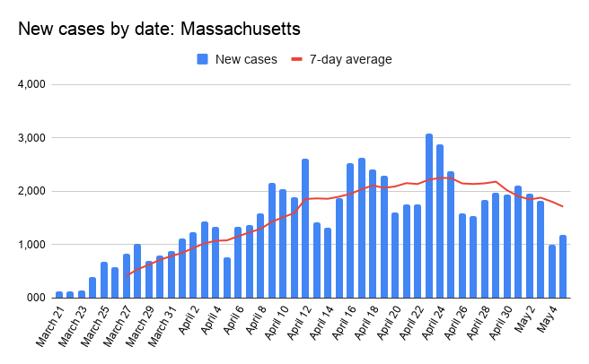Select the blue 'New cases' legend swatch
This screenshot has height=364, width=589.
[x=203, y=59]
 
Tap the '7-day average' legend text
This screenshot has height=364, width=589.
[x=351, y=59]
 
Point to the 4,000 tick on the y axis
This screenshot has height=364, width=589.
[x=32, y=85]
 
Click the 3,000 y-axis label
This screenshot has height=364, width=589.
[x=32, y=138]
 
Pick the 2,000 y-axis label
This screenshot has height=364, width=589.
[x=32, y=191]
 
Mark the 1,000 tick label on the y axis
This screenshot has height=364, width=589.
[x=32, y=244]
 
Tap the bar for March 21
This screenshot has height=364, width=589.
[x=59, y=294]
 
